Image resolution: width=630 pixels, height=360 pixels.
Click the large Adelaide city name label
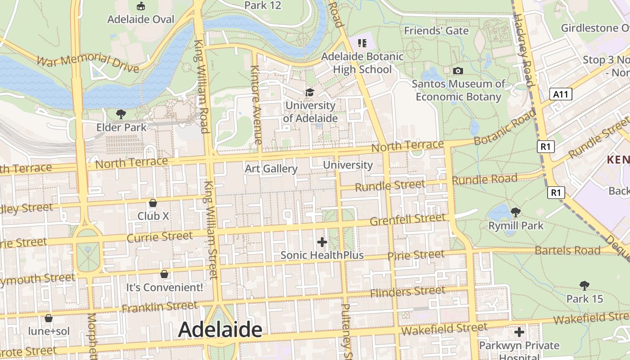pos(220,330)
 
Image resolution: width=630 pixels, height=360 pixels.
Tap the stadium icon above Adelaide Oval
pos(141,6)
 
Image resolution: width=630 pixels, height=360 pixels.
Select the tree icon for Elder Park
pos(121,114)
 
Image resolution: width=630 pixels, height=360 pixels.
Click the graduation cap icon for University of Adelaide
pos(310,92)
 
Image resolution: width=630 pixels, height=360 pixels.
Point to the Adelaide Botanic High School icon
pos(362,43)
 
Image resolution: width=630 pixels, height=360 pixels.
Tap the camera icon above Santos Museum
pos(458,71)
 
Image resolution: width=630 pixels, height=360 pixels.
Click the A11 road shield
pos(561,94)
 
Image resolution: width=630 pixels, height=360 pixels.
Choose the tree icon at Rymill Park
pos(516,212)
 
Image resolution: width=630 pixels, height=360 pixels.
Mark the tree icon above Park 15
pos(584,285)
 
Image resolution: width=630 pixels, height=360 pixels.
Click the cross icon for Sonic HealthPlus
pos(322,242)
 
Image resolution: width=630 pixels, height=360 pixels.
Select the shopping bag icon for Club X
pos(153,203)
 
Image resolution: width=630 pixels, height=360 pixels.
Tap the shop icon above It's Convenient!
pos(164,274)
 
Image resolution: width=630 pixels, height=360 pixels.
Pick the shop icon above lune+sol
pos(49,318)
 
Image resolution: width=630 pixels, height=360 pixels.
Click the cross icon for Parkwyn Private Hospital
pos(519,332)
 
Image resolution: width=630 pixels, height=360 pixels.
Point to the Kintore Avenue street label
pos(255,104)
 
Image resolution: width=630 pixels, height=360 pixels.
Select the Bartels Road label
pos(567,250)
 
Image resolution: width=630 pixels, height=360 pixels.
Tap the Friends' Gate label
pos(436,31)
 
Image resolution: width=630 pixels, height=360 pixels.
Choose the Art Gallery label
pos(271,169)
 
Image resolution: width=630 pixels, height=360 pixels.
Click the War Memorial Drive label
pos(87,63)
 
